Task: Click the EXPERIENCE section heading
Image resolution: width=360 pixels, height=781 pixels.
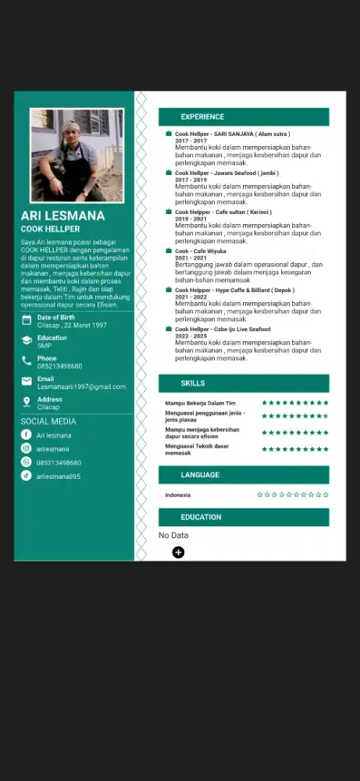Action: tap(202, 117)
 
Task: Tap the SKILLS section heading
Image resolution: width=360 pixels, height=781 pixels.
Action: tap(193, 383)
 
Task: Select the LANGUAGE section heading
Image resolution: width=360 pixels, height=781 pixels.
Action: tap(200, 475)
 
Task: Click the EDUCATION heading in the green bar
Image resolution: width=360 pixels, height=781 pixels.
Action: tap(201, 517)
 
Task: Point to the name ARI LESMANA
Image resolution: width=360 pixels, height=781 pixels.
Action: tap(62, 216)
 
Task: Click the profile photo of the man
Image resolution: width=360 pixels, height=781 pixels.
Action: tap(77, 155)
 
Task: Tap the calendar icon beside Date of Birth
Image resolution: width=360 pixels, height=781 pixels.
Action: tap(27, 320)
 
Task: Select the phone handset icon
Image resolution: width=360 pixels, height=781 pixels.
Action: tap(27, 362)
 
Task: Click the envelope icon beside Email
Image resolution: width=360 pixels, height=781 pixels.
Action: tap(27, 382)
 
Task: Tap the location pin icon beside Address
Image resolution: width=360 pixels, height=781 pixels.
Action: tap(27, 402)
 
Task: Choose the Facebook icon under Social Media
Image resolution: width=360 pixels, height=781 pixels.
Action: tap(27, 435)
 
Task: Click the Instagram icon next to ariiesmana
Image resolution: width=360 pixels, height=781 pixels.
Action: tap(27, 448)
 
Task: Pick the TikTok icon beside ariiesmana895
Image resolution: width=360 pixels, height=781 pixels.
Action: tap(27, 476)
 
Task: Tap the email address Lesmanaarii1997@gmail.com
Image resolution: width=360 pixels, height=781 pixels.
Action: tap(81, 387)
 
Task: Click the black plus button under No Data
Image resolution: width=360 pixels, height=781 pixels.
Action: tap(178, 552)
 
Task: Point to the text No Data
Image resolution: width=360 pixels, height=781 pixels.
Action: tap(173, 535)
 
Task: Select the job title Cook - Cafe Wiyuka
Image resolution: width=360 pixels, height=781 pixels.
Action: tap(200, 251)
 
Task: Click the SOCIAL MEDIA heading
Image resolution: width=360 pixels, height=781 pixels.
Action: tap(48, 421)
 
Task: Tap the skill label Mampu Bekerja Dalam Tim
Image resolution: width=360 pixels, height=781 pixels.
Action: tap(200, 403)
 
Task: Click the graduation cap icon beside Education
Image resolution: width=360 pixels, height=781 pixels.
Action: tap(27, 341)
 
